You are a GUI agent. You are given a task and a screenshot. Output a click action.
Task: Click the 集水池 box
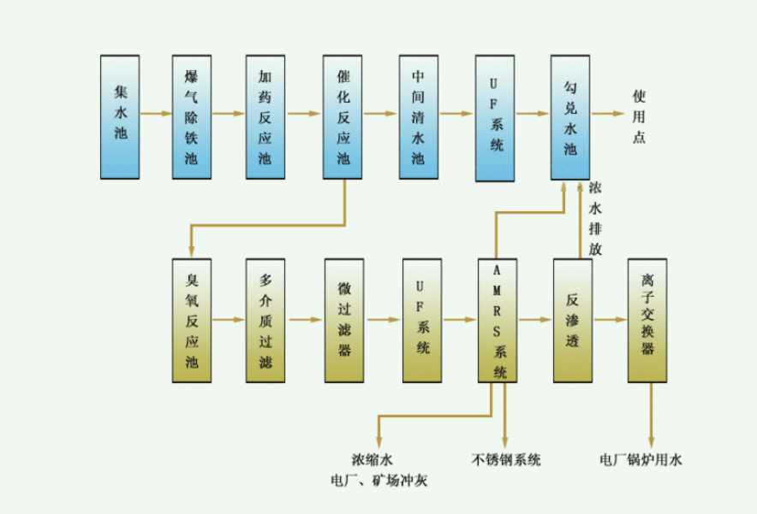(119, 116)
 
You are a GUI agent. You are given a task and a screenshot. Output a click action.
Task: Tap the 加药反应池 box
(265, 116)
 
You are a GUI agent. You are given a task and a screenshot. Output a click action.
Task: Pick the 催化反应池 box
(343, 116)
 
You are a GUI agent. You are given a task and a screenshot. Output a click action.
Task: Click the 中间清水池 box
(418, 116)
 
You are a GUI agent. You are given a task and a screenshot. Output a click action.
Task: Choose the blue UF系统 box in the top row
(496, 117)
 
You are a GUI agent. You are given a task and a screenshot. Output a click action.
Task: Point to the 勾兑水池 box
(570, 116)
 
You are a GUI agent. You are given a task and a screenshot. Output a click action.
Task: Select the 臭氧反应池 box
(191, 320)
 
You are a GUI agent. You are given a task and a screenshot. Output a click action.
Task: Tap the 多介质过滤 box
(265, 320)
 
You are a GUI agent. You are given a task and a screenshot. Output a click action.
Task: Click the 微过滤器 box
(344, 320)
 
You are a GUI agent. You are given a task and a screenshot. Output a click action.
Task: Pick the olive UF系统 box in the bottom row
(422, 320)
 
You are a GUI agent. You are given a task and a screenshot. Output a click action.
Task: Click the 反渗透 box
(572, 320)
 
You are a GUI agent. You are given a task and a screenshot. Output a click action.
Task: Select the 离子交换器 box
(647, 320)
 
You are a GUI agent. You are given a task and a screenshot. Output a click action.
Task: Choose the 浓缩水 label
(378, 460)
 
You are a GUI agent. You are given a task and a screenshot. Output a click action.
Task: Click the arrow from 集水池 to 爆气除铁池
(155, 113)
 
